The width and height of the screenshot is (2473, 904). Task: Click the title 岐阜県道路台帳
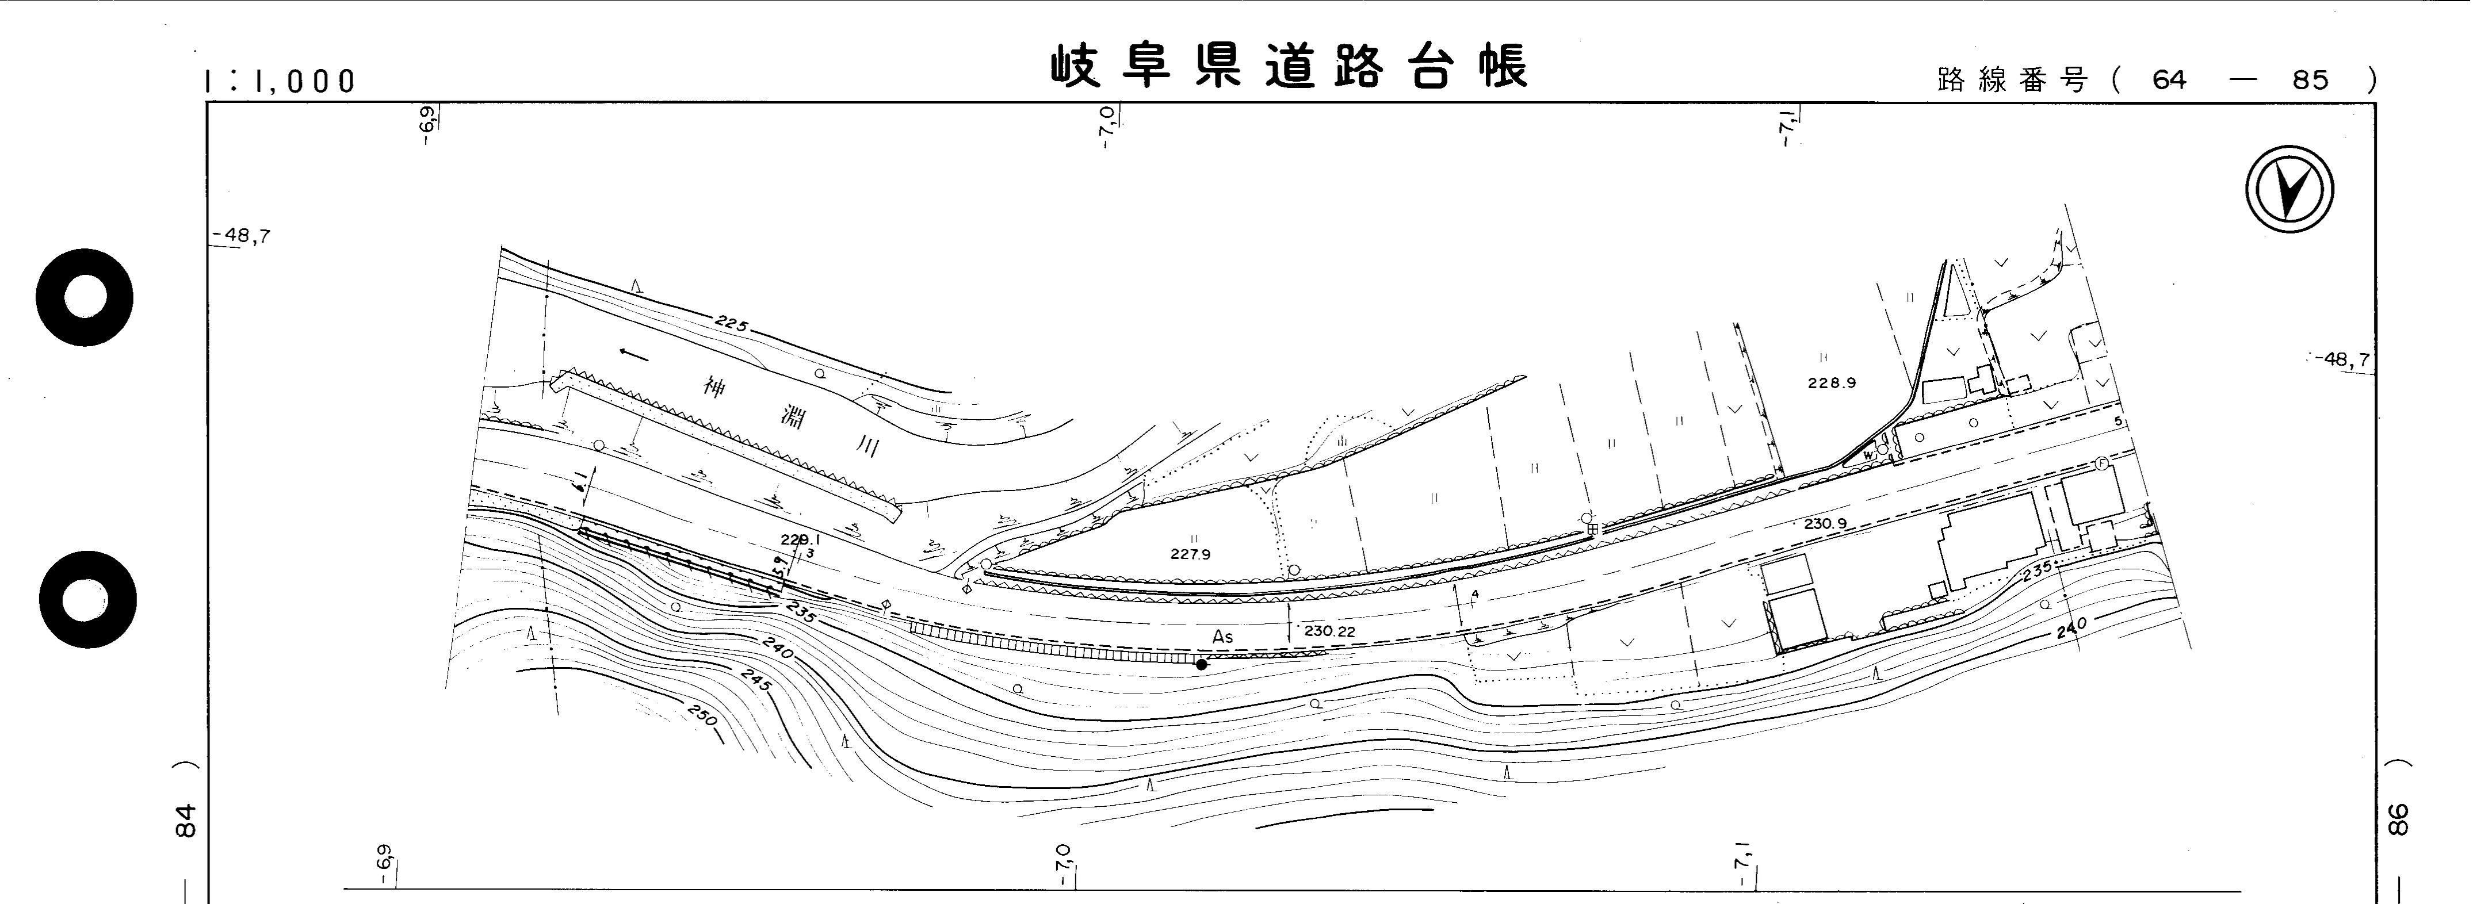[x=1289, y=67]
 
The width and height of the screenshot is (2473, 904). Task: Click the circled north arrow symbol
[x=2289, y=189]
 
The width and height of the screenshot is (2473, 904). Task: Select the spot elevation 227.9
[x=1190, y=554]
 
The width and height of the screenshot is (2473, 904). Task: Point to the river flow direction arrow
[x=633, y=354]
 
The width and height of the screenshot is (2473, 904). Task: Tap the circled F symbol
[x=2101, y=464]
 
